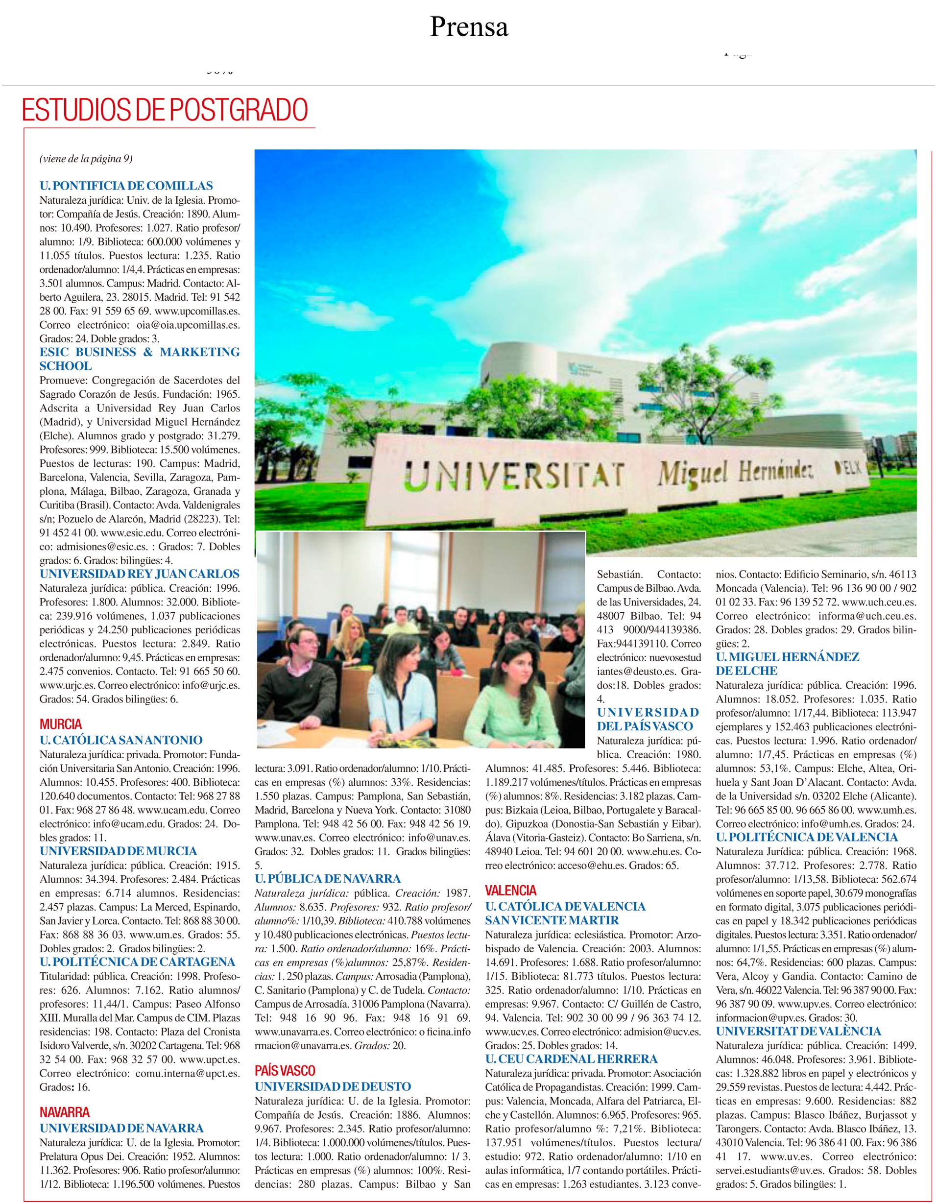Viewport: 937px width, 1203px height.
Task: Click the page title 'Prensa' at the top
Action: pyautogui.click(x=468, y=26)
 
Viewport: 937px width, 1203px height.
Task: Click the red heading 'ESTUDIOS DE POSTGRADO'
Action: pyautogui.click(x=164, y=110)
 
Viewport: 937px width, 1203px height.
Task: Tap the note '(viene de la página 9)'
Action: pyautogui.click(x=86, y=159)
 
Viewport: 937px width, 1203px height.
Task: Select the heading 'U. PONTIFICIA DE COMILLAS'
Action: pyautogui.click(x=126, y=186)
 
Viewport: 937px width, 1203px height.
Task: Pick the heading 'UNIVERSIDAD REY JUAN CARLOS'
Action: pyautogui.click(x=140, y=574)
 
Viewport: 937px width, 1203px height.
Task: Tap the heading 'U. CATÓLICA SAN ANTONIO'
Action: pyautogui.click(x=121, y=740)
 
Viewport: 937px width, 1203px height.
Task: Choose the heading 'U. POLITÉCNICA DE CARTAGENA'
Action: pyautogui.click(x=138, y=962)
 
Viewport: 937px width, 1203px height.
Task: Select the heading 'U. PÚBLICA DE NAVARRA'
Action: pyautogui.click(x=328, y=879)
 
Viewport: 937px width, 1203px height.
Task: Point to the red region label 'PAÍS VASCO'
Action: pyautogui.click(x=285, y=1071)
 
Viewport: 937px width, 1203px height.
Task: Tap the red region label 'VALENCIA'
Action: pyautogui.click(x=511, y=890)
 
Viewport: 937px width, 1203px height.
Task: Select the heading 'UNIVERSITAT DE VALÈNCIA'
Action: pyautogui.click(x=798, y=1031)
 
